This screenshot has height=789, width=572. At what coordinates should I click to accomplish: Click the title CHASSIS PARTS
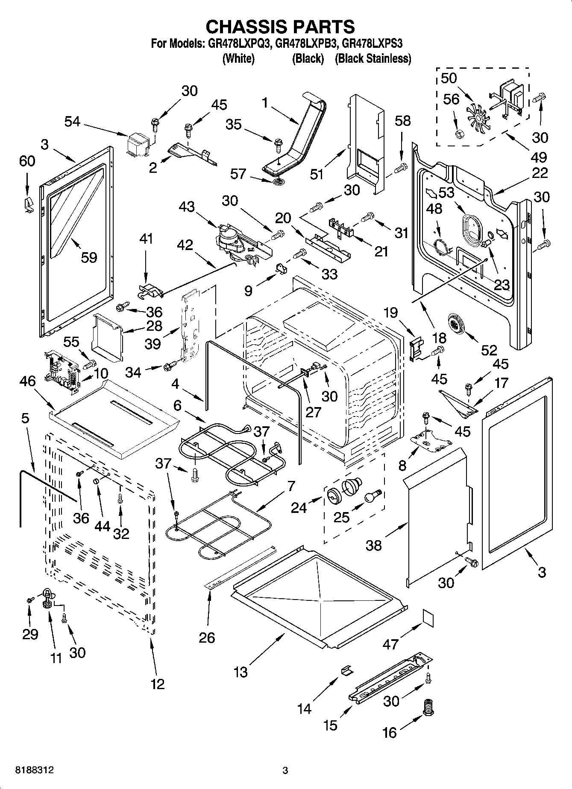pyautogui.click(x=280, y=26)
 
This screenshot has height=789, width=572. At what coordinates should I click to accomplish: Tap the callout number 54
pyautogui.click(x=72, y=122)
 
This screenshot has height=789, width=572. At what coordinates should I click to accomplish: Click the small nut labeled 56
pyautogui.click(x=461, y=134)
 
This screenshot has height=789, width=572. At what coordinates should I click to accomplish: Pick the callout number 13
pyautogui.click(x=241, y=672)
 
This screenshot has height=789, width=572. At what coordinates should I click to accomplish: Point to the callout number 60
pyautogui.click(x=27, y=161)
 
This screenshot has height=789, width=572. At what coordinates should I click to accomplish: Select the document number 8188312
pyautogui.click(x=35, y=770)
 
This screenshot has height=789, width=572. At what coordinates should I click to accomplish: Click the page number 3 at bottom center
pyautogui.click(x=285, y=771)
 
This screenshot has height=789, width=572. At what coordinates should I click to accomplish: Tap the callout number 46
pyautogui.click(x=28, y=381)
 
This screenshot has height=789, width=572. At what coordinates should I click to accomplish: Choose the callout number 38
pyautogui.click(x=374, y=545)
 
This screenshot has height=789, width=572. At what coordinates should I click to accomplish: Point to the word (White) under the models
pyautogui.click(x=238, y=58)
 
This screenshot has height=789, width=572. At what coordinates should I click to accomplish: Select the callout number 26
pyautogui.click(x=207, y=638)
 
